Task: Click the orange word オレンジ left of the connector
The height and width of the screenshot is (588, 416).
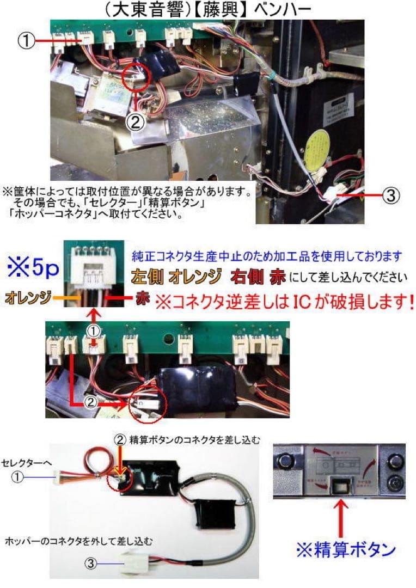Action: point(28,298)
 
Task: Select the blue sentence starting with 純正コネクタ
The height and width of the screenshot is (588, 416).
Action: point(267,255)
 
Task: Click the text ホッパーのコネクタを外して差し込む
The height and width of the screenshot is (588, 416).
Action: point(78,541)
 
